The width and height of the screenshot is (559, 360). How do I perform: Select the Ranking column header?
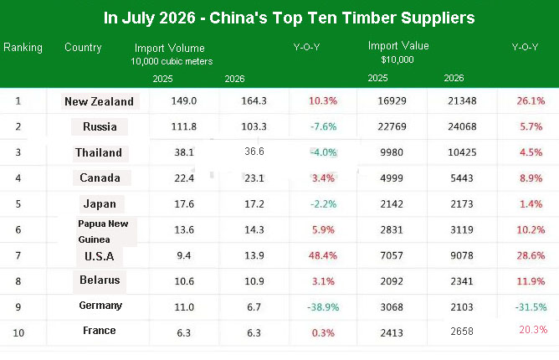click(x=23, y=48)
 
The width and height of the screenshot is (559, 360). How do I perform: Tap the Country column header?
click(x=83, y=48)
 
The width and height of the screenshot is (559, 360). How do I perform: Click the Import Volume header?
click(x=170, y=49)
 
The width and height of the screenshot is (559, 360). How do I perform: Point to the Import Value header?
click(x=398, y=46)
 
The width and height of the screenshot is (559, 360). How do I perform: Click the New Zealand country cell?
click(x=99, y=101)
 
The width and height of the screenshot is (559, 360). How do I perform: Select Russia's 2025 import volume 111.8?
click(x=184, y=126)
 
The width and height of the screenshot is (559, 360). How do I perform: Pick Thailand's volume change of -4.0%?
click(x=323, y=152)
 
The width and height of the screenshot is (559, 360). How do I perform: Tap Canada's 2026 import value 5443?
click(x=462, y=178)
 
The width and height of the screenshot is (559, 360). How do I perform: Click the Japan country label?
click(x=100, y=203)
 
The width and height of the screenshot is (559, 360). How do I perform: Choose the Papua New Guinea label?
click(x=103, y=232)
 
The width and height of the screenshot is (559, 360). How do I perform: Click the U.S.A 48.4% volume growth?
click(x=323, y=255)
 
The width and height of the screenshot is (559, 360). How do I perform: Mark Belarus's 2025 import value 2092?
click(x=392, y=281)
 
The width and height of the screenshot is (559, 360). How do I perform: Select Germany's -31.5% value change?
click(x=531, y=307)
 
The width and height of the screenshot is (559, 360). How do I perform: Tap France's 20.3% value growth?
click(x=533, y=329)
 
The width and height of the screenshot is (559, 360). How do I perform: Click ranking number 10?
click(x=18, y=333)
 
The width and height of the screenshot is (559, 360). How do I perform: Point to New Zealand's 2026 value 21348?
click(x=462, y=101)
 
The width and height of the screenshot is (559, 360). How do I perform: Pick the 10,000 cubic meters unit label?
click(x=172, y=61)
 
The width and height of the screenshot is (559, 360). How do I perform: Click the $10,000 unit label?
click(x=397, y=59)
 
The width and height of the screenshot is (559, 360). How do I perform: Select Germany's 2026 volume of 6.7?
click(x=254, y=307)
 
